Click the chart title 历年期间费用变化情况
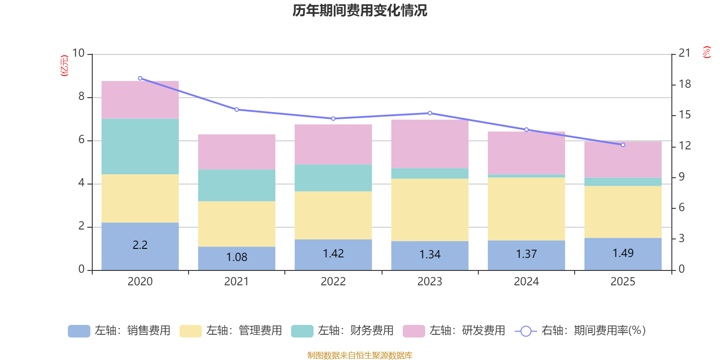pyautogui.click(x=360, y=10)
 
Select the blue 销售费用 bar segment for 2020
pyautogui.click(x=140, y=246)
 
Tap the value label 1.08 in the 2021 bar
pyautogui.click(x=237, y=257)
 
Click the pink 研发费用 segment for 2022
pyautogui.click(x=333, y=144)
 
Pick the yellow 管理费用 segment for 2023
pyautogui.click(x=430, y=210)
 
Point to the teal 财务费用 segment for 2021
pyautogui.click(x=237, y=185)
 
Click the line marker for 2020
pyautogui.click(x=140, y=78)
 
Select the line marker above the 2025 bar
pyautogui.click(x=623, y=145)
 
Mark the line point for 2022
pyautogui.click(x=333, y=119)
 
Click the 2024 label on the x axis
pyautogui.click(x=526, y=282)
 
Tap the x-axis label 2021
pyautogui.click(x=237, y=282)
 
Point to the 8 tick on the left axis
pyautogui.click(x=81, y=97)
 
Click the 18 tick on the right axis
pyautogui.click(x=684, y=84)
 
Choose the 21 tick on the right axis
pyautogui.click(x=684, y=53)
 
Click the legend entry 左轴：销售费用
pyautogui.click(x=119, y=331)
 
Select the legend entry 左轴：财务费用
pyautogui.click(x=342, y=331)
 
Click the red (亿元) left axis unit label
pyautogui.click(x=65, y=66)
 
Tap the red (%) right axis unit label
pyautogui.click(x=707, y=52)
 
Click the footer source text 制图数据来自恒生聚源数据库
pyautogui.click(x=360, y=355)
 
